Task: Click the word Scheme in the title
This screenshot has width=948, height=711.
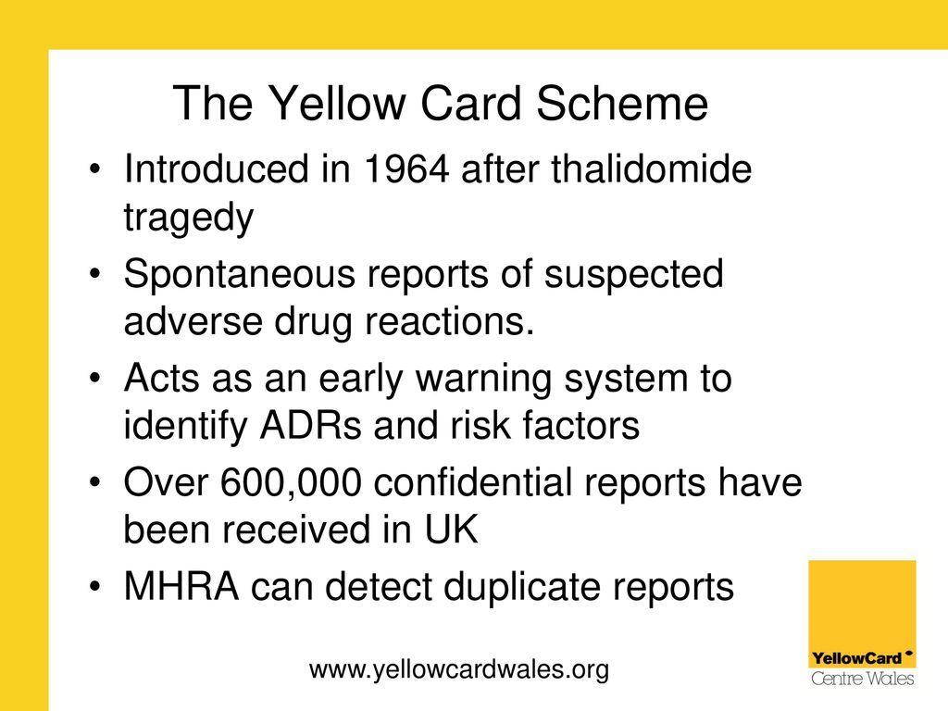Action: [622, 104]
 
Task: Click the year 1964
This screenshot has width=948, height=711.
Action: [406, 168]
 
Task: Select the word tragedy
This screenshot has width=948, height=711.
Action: [189, 218]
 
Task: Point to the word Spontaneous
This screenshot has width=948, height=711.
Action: [240, 274]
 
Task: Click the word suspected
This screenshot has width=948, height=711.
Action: [633, 274]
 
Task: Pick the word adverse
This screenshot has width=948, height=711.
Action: [193, 320]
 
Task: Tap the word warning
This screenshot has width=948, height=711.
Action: [483, 380]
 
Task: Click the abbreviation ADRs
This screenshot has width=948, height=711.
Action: [310, 425]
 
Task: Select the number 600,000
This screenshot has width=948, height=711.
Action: [291, 483]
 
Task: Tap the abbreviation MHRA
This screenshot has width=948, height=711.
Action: [181, 586]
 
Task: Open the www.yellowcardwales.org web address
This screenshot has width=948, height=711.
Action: [459, 669]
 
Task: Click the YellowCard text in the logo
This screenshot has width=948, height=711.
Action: [857, 658]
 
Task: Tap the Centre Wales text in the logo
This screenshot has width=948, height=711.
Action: [863, 679]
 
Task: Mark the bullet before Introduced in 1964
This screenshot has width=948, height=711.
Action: [94, 168]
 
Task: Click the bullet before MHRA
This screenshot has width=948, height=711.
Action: [94, 587]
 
